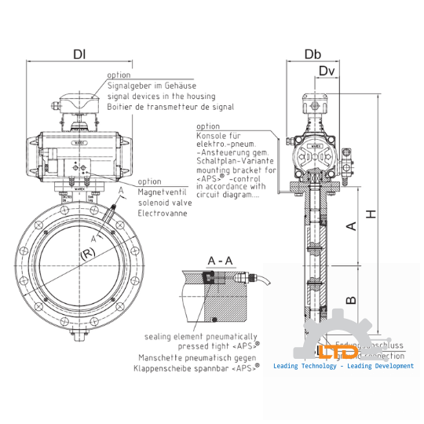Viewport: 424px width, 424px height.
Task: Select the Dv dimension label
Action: [327, 71]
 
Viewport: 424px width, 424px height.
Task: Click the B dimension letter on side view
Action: [352, 298]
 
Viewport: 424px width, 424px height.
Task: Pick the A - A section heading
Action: [219, 260]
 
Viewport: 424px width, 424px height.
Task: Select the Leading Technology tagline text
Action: [343, 366]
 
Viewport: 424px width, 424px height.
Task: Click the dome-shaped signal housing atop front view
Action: [77, 105]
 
